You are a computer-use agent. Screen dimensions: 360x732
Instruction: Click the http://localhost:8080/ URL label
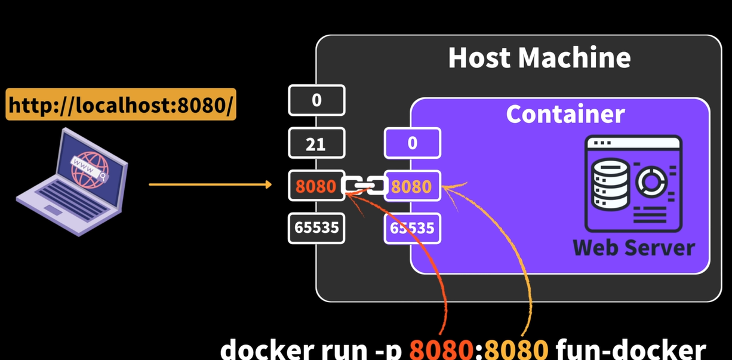pos(121,105)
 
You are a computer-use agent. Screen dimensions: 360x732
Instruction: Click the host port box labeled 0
pos(316,100)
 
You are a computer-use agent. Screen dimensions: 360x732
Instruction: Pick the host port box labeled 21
pos(316,143)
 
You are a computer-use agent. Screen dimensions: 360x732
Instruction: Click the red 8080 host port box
pos(316,186)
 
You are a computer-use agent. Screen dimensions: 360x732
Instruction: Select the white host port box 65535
pos(316,227)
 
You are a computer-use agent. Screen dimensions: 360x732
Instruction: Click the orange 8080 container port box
pos(413,186)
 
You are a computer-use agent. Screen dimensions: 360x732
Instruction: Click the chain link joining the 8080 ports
pos(364,186)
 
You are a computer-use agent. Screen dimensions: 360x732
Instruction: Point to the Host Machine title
pos(539,58)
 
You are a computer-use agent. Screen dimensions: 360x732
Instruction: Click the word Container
pos(565,113)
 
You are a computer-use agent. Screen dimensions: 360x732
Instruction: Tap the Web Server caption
pos(633,247)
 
